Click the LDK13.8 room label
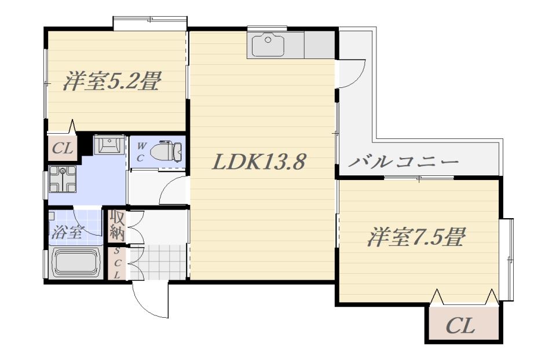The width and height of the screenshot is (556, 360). pyautogui.click(x=258, y=162)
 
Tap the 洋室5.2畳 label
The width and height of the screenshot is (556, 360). pyautogui.click(x=112, y=81)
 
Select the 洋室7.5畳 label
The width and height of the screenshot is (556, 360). pyautogui.click(x=416, y=237)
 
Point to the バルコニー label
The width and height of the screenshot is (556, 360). pyautogui.click(x=404, y=162)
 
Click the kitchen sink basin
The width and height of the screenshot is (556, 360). pyautogui.click(x=268, y=45)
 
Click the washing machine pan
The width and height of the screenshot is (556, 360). pyautogui.click(x=63, y=179)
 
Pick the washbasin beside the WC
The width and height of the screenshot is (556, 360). pyautogui.click(x=109, y=145)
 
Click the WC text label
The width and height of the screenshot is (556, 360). pyautogui.click(x=141, y=152)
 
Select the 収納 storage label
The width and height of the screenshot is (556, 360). pyautogui.click(x=116, y=225)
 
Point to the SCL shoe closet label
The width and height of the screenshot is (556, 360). pyautogui.click(x=116, y=263)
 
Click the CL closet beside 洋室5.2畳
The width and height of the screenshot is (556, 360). pyautogui.click(x=63, y=148)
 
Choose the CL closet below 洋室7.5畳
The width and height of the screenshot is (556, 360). pyautogui.click(x=461, y=325)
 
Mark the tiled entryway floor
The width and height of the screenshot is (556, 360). pyautogui.click(x=158, y=262)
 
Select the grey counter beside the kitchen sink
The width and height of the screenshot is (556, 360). pyautogui.click(x=319, y=45)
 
